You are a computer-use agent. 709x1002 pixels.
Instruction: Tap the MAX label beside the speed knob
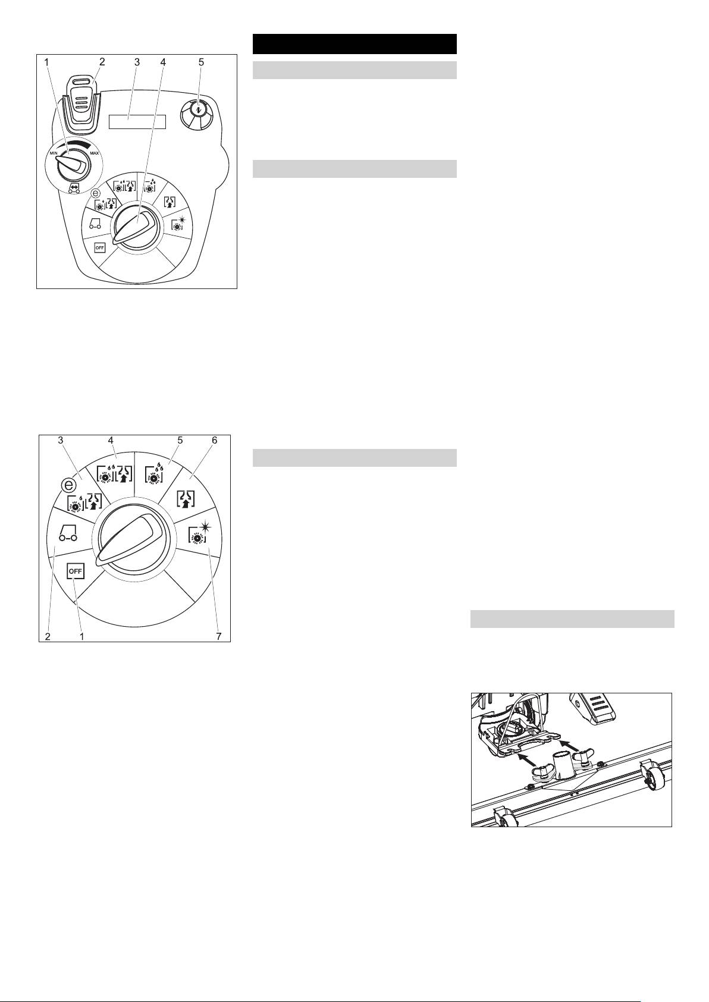[94, 153]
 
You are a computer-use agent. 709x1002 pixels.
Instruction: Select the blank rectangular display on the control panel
[137, 122]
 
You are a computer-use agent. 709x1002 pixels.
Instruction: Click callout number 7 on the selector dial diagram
[219, 636]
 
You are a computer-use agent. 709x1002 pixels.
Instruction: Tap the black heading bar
[354, 44]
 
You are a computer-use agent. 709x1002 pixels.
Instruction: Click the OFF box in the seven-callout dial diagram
[75, 571]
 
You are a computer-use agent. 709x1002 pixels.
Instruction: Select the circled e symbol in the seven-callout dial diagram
[68, 485]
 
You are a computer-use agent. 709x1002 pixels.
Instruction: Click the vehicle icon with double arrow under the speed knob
[73, 189]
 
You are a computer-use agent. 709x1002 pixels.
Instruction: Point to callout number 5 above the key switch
[201, 62]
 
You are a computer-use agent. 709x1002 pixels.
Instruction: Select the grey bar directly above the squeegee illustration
[572, 618]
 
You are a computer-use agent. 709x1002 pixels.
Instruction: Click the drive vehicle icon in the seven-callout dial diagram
[68, 533]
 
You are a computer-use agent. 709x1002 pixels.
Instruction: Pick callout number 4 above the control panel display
[163, 62]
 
